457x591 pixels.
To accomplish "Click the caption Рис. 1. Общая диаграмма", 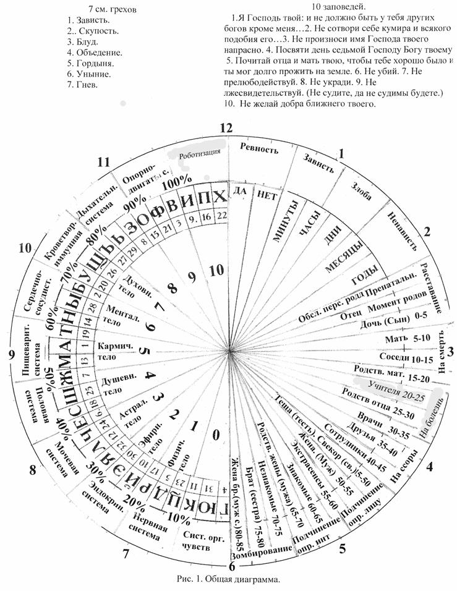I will (x=228, y=579).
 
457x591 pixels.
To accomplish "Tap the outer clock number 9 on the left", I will (x=11, y=354).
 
